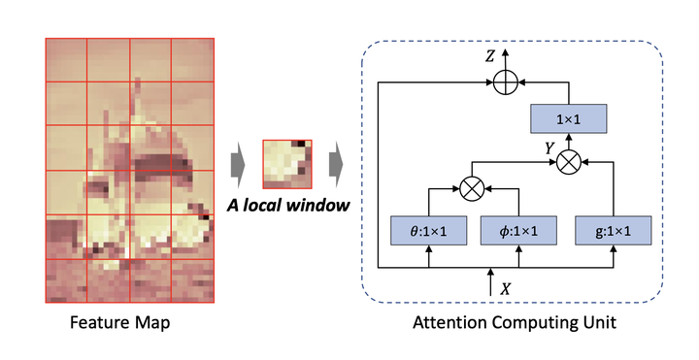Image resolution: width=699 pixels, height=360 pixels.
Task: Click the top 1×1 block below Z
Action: [x=567, y=119]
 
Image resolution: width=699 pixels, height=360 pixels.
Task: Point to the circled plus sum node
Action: [x=503, y=84]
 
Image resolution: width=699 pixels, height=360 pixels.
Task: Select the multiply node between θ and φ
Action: [x=473, y=186]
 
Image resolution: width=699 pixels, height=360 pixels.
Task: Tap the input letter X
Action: [x=504, y=287]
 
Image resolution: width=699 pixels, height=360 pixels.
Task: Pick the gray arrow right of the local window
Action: [x=337, y=165]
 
